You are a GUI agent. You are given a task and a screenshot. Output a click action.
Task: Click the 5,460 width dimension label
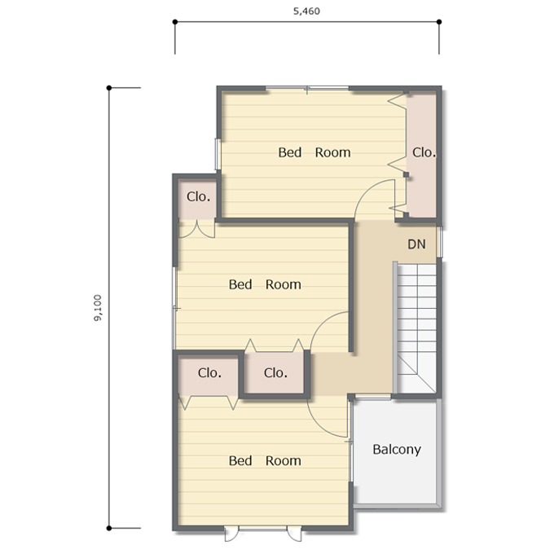(x=306, y=11)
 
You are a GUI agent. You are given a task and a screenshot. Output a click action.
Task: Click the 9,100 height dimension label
(x=98, y=308)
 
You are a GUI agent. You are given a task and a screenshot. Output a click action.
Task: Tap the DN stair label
(x=416, y=244)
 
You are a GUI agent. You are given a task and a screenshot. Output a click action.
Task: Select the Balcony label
(x=397, y=450)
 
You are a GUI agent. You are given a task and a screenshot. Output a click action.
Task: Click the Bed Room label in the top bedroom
(x=314, y=152)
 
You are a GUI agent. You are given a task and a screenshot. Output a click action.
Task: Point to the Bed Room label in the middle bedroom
(x=265, y=284)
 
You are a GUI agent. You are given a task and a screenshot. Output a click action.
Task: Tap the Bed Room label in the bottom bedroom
(x=265, y=461)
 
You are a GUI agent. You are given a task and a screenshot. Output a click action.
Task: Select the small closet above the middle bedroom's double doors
(x=197, y=199)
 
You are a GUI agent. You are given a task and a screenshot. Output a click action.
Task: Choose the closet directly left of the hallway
(x=275, y=372)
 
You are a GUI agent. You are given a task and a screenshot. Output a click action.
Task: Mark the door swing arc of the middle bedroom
(x=323, y=323)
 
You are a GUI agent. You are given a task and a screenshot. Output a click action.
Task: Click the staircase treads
(x=416, y=328)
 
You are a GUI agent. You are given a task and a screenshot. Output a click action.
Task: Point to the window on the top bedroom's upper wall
(x=307, y=88)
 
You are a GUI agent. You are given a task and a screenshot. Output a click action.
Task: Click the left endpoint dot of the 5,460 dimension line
(x=175, y=22)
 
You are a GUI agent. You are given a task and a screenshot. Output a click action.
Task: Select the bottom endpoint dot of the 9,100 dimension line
(x=109, y=528)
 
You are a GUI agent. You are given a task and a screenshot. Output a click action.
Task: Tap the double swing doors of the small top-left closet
(x=197, y=229)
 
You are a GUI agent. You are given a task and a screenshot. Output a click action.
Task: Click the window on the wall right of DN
(x=439, y=242)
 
